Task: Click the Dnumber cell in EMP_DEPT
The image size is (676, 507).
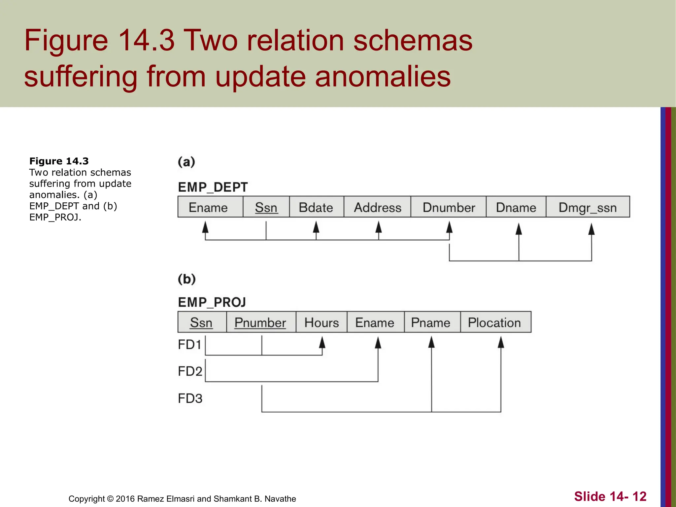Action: point(448,207)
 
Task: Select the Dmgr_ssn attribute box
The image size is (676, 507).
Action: point(588,207)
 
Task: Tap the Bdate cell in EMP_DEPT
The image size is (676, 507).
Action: point(316,207)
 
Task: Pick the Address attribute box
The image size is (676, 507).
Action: point(377,207)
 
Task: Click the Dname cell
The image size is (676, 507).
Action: point(516,207)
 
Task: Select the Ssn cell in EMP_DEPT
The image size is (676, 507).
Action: point(266,207)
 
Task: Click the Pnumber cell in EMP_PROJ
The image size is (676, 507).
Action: point(261,322)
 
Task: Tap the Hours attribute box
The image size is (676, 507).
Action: point(321,322)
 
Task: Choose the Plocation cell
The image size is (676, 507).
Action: point(495,322)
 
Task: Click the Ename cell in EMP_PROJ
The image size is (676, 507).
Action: point(375,322)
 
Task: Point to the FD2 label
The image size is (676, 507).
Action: point(190,371)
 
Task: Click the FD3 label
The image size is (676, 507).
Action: point(190,398)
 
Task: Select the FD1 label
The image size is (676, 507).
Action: point(189,345)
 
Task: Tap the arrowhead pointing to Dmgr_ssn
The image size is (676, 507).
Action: point(591,229)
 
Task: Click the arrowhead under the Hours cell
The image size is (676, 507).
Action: point(322,343)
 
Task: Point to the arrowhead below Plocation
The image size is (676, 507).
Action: point(501,343)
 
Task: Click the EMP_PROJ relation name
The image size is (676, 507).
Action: point(212,302)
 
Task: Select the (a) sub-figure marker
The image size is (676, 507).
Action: point(186,162)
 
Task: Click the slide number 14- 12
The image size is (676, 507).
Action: point(610,496)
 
